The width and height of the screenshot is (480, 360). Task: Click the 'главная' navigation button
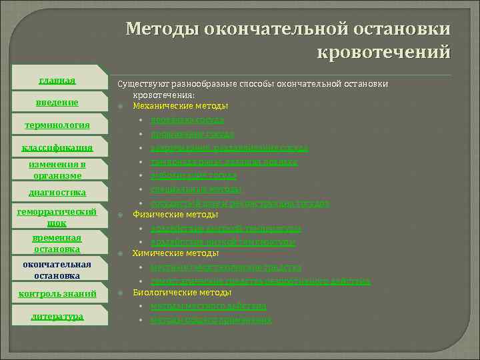coord(57,81)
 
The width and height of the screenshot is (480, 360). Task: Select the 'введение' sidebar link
coord(57,102)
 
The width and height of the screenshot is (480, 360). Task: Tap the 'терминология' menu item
coord(57,125)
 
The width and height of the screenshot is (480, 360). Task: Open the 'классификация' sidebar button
coord(57,147)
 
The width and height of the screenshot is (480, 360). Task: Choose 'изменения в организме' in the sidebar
coord(57,169)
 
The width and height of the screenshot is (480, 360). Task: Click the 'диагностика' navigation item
coord(57,192)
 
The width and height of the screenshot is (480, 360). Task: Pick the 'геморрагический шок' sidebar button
coord(57,217)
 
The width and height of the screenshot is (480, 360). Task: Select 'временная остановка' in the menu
coord(57,243)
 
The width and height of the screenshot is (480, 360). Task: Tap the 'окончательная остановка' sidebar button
coord(57,269)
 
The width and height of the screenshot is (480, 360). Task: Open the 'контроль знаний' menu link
coord(57,293)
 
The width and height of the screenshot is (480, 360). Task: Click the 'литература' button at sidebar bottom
coord(57,316)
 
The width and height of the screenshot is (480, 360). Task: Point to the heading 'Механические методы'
coord(180,106)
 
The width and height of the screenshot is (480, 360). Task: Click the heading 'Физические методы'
coord(175,215)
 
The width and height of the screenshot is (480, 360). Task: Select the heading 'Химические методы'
coord(175,253)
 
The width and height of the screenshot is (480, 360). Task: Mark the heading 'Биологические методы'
coord(182,292)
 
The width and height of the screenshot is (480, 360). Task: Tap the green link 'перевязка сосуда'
coord(187,120)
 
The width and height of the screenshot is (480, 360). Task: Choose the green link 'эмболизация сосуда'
coord(193,175)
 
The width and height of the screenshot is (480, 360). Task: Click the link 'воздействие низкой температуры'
coord(223,241)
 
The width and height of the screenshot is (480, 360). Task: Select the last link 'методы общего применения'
coord(211,320)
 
